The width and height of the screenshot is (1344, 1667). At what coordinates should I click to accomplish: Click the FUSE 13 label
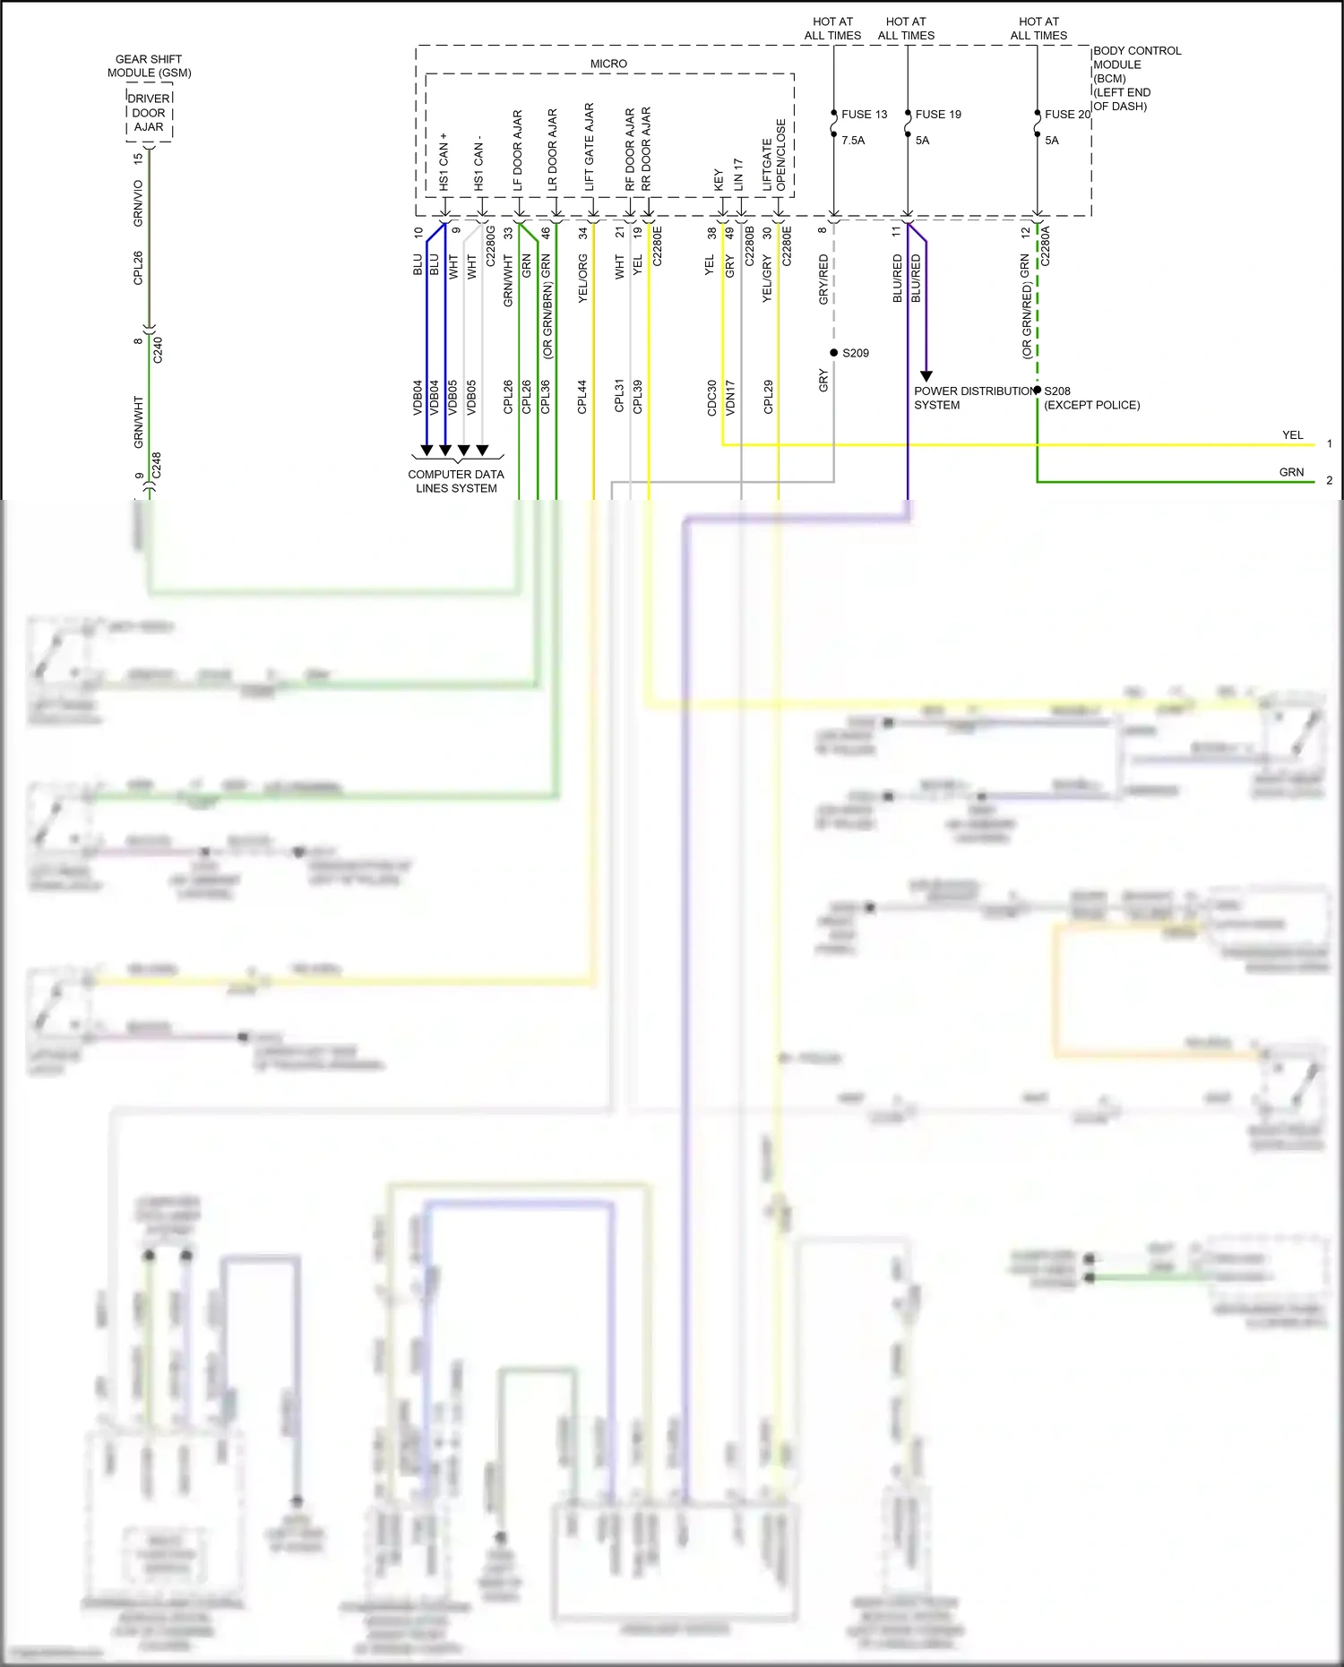pyautogui.click(x=864, y=115)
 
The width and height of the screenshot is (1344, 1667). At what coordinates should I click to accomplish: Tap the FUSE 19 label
pyautogui.click(x=937, y=115)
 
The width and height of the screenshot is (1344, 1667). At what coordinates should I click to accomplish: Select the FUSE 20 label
pyautogui.click(x=1067, y=115)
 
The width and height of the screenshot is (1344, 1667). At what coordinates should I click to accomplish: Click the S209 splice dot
pyautogui.click(x=834, y=353)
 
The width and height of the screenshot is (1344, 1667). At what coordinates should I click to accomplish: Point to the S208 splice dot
pyautogui.click(x=1038, y=391)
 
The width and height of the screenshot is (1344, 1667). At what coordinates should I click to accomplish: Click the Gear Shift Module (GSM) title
pyautogui.click(x=149, y=66)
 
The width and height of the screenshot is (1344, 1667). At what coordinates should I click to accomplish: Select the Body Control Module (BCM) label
pyautogui.click(x=1136, y=78)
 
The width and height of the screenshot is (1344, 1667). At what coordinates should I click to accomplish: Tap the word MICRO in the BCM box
pyautogui.click(x=608, y=64)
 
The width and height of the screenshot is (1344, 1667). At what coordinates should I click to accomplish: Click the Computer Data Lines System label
pyautogui.click(x=456, y=481)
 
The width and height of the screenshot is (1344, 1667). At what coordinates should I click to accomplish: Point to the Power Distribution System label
pyautogui.click(x=973, y=398)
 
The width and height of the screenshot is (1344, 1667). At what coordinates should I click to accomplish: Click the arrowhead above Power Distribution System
pyautogui.click(x=926, y=376)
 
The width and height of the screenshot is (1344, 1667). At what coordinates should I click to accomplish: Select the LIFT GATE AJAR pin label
pyautogui.click(x=590, y=146)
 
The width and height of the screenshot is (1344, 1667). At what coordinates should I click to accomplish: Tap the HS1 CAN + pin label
pyautogui.click(x=444, y=162)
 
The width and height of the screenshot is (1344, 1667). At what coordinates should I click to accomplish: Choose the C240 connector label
pyautogui.click(x=159, y=349)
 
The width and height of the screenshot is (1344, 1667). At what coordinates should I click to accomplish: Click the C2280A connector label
pyautogui.click(x=1045, y=246)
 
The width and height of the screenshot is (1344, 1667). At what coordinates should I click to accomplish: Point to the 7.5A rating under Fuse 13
pyautogui.click(x=853, y=141)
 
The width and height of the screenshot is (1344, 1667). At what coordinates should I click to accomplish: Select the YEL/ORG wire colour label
pyautogui.click(x=582, y=278)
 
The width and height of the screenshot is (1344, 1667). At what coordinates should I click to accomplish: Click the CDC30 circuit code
pyautogui.click(x=712, y=397)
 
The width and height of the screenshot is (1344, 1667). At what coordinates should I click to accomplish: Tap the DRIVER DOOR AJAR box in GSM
pyautogui.click(x=149, y=113)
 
